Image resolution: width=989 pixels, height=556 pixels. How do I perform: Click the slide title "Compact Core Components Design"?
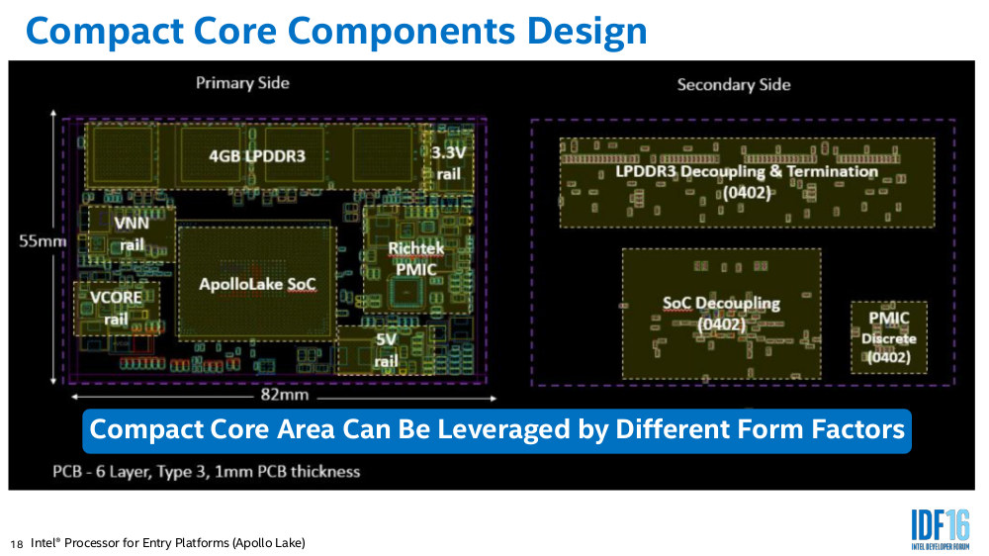pyautogui.click(x=336, y=32)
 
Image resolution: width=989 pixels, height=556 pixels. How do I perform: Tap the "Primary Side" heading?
pyautogui.click(x=242, y=83)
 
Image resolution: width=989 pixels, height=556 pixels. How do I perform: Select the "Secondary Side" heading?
pyautogui.click(x=734, y=84)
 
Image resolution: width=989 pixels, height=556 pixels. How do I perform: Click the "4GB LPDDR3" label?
pyautogui.click(x=257, y=156)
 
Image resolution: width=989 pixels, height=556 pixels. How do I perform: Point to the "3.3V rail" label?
pyautogui.click(x=448, y=163)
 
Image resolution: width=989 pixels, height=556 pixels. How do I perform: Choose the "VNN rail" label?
pyautogui.click(x=132, y=233)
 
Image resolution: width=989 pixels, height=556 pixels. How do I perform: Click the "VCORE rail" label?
pyautogui.click(x=116, y=308)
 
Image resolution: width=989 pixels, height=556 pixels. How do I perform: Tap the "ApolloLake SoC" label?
pyautogui.click(x=257, y=285)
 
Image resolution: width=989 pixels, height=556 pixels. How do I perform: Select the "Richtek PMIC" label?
pyautogui.click(x=415, y=259)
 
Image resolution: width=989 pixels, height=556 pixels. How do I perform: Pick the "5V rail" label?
pyautogui.click(x=386, y=349)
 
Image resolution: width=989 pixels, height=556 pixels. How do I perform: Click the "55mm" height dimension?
pyautogui.click(x=43, y=241)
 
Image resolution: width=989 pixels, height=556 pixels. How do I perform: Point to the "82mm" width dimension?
pyautogui.click(x=285, y=395)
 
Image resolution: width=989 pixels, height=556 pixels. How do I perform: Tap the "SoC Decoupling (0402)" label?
pyautogui.click(x=722, y=314)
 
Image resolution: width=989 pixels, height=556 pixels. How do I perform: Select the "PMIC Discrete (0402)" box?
pyautogui.click(x=889, y=337)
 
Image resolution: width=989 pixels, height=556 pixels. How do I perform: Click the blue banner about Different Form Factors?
pyautogui.click(x=497, y=431)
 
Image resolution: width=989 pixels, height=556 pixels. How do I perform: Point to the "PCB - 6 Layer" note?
pyautogui.click(x=207, y=472)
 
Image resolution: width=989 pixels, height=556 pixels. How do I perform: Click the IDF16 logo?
pyautogui.click(x=940, y=529)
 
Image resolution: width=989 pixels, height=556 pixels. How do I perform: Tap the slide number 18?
pyautogui.click(x=17, y=544)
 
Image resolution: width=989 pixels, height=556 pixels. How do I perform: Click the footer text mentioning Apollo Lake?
pyautogui.click(x=168, y=543)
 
